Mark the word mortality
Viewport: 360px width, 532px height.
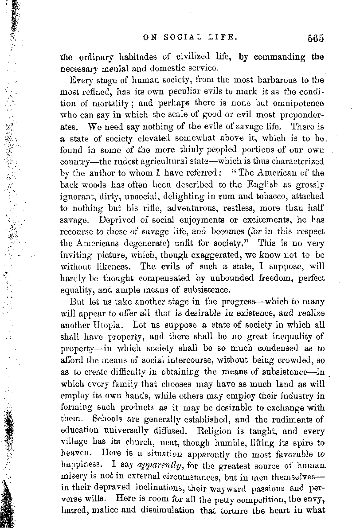coord(98,103)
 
